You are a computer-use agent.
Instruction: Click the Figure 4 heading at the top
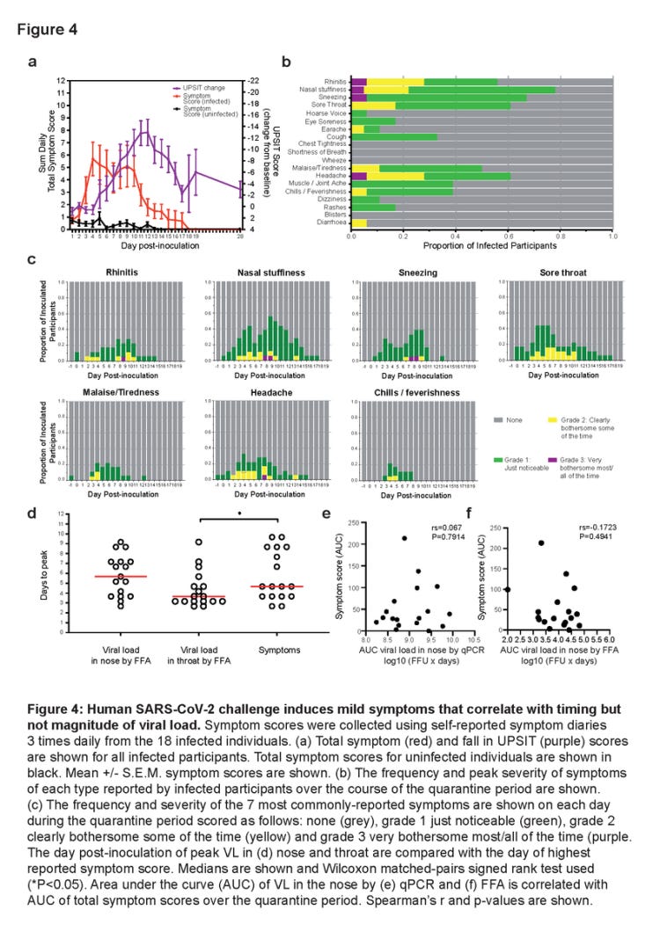click(47, 29)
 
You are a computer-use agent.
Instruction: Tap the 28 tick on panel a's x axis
click(240, 236)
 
